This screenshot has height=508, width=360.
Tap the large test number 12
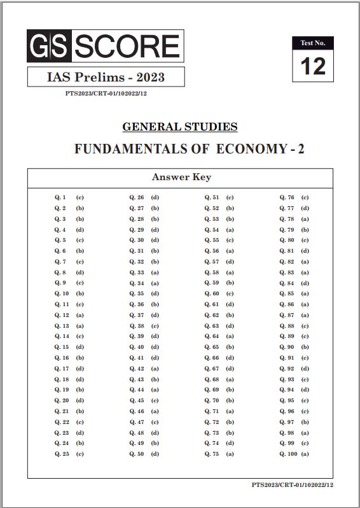(x=313, y=66)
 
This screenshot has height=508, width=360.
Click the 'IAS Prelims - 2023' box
(x=106, y=77)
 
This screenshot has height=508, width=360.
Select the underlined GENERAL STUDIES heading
(x=179, y=126)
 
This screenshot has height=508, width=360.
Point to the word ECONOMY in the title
(x=253, y=149)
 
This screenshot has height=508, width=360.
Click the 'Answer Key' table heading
(x=181, y=177)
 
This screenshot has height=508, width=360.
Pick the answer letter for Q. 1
(x=80, y=197)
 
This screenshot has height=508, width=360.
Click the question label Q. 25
(x=62, y=454)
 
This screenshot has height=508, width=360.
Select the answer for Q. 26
(x=155, y=197)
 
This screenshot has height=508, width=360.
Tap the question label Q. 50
(x=137, y=454)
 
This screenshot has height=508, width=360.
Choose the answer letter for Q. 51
(x=230, y=197)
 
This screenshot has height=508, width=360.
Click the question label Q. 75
(x=212, y=454)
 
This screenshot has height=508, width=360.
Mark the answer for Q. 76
(x=305, y=197)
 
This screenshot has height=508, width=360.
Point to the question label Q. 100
(x=288, y=454)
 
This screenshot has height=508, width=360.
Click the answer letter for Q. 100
(x=305, y=454)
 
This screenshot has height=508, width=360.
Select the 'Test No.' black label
(x=313, y=43)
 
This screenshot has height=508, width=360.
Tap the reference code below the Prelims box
(x=106, y=93)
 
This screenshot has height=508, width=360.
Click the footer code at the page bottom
(x=292, y=485)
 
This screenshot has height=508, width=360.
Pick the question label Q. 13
(x=62, y=325)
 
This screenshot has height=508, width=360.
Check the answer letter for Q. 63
(x=230, y=325)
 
